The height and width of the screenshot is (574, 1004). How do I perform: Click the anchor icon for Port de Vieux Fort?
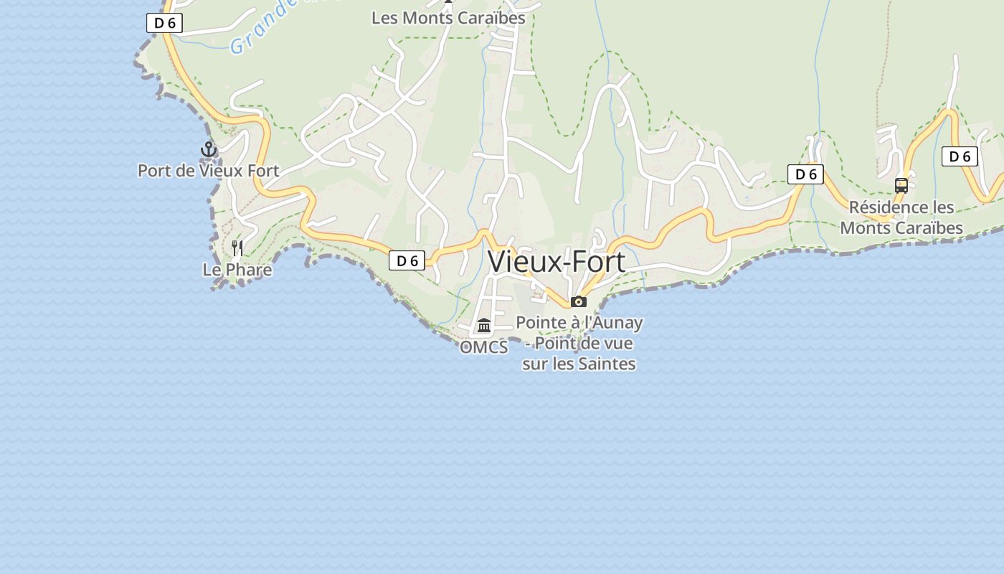coord(209,149)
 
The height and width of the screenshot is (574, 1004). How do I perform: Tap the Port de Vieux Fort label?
coord(208,171)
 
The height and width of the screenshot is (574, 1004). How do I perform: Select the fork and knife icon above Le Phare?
coord(237,248)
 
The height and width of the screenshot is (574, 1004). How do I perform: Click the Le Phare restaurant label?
coord(237,270)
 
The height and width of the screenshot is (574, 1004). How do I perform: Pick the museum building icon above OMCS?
coord(484,326)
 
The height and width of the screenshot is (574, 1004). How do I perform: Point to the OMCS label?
coord(484,347)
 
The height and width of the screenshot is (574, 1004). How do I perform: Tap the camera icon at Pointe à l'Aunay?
coord(579,301)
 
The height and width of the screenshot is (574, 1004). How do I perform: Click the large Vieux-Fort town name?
coord(557,262)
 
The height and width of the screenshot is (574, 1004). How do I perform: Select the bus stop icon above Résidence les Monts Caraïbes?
coord(901,186)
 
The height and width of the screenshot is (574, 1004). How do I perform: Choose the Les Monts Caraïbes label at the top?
coord(448,18)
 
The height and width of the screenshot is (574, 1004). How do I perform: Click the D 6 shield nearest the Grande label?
coord(165,23)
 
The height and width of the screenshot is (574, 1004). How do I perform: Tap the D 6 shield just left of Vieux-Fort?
coord(407,260)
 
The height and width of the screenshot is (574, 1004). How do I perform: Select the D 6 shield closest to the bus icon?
coord(960,156)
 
